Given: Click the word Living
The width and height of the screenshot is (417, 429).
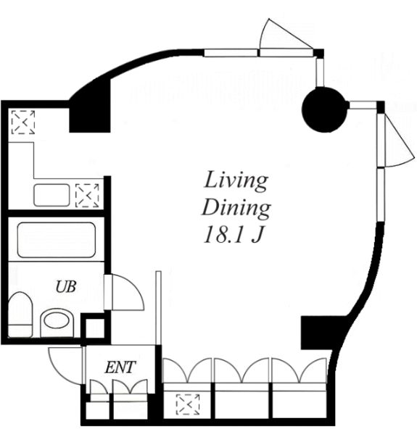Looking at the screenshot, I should click(236, 179).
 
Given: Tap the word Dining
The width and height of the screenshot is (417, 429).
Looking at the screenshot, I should click(236, 208).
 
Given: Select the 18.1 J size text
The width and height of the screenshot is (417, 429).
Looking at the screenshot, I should click(230, 236).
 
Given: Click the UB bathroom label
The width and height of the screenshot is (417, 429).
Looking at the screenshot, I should click(66, 286).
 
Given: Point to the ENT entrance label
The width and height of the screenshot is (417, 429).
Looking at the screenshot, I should click(120, 367).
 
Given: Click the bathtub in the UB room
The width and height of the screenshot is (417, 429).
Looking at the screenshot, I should click(56, 240).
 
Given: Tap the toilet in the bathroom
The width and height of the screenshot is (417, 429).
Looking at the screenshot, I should click(20, 314).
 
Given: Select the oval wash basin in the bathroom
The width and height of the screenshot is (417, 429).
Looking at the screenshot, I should click(56, 320).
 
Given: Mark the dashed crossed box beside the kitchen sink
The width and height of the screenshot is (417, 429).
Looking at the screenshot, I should click(87, 195).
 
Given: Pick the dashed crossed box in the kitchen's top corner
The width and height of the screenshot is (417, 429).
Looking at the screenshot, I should click(23, 122).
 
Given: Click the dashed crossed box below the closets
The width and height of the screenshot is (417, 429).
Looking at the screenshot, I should click(187, 403).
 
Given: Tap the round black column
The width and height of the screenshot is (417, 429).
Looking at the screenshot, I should click(323, 109).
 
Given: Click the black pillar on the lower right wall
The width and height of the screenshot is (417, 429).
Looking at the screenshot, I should click(317, 332).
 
